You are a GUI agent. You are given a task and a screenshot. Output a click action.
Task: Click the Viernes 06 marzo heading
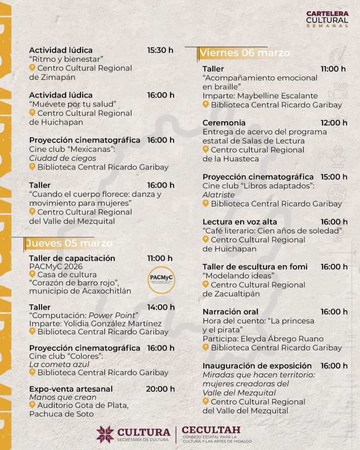245,53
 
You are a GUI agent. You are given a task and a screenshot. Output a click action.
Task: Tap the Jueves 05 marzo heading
69,243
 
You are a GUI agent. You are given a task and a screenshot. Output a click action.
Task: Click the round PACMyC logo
161,279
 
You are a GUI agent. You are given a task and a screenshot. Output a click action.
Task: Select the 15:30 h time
160,50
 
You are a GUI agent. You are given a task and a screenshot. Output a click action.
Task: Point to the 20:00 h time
160,389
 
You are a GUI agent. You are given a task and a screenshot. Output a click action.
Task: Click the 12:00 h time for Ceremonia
334,123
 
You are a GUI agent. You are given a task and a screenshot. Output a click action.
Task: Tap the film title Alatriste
219,195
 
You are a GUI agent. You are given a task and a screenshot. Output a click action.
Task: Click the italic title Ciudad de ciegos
63,158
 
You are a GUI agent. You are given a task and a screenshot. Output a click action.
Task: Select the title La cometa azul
59,364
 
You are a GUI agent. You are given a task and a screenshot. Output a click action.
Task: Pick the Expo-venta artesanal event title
71,389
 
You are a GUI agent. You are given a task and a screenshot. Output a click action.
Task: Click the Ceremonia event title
224,123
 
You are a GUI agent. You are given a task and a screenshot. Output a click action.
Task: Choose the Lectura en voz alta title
240,222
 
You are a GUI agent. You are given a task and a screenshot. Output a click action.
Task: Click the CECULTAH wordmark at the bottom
211,431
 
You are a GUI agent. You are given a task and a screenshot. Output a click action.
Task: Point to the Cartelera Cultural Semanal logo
327,19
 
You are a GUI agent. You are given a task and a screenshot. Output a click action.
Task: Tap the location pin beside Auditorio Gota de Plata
32,405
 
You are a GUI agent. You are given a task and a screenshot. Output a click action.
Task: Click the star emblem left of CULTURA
105,434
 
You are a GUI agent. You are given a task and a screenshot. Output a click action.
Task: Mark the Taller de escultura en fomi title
255,267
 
